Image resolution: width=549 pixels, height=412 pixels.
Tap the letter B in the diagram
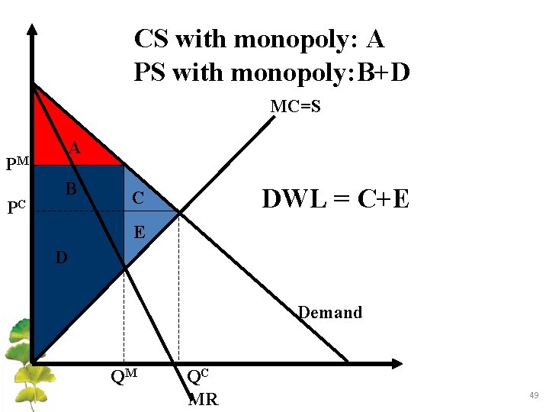pos(70,188)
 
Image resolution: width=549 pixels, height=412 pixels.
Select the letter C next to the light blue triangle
pos(137,198)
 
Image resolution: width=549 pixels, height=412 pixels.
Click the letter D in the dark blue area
pos(61,258)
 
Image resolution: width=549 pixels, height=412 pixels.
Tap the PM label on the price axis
pos(17,163)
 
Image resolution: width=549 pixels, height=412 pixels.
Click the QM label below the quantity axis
pos(124,376)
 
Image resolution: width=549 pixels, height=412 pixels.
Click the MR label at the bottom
pos(203,399)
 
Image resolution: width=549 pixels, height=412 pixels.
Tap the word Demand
pos(329,313)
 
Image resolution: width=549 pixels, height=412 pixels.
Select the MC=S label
pos(295,107)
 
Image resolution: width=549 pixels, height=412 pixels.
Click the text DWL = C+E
pos(335,199)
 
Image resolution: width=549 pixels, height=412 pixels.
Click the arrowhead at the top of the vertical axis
pos(32,29)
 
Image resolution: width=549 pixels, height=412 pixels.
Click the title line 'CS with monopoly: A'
pos(259,38)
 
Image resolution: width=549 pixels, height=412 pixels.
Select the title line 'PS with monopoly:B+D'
pos(271,72)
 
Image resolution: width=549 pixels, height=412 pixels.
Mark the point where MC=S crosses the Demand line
pos(178,213)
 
